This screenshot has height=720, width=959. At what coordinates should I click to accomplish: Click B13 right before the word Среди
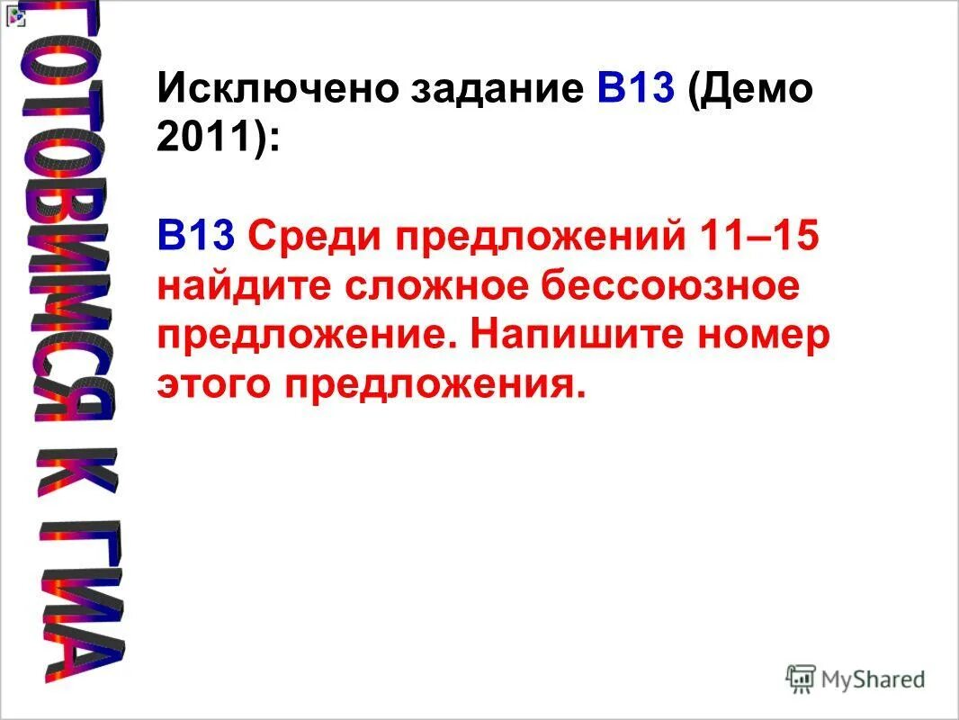(196, 238)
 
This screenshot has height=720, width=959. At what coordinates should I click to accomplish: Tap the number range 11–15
(757, 238)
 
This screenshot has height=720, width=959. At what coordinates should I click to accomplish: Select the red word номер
(765, 335)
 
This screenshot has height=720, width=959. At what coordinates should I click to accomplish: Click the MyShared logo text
(873, 679)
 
